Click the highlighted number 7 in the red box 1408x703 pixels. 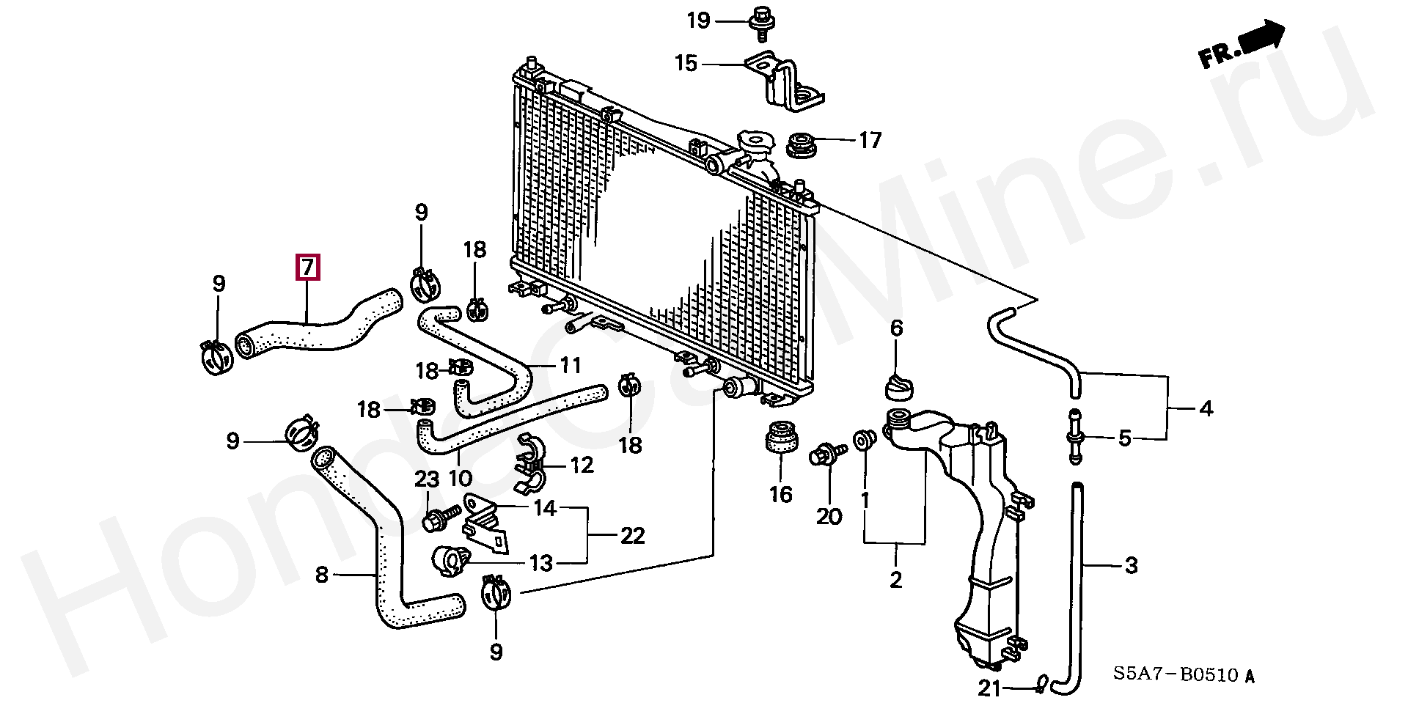[308, 267]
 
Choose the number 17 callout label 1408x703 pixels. [870, 140]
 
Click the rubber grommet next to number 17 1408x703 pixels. [802, 144]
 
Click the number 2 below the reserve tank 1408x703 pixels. [895, 580]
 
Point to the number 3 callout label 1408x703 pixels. [1132, 566]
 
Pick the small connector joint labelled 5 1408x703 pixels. [1075, 436]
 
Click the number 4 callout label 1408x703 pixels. [1206, 408]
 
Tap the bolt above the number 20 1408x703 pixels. [827, 454]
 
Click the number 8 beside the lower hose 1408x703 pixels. [322, 575]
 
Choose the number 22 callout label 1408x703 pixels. [632, 536]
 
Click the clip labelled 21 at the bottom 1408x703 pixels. [1041, 685]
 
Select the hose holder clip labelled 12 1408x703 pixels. [532, 463]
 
